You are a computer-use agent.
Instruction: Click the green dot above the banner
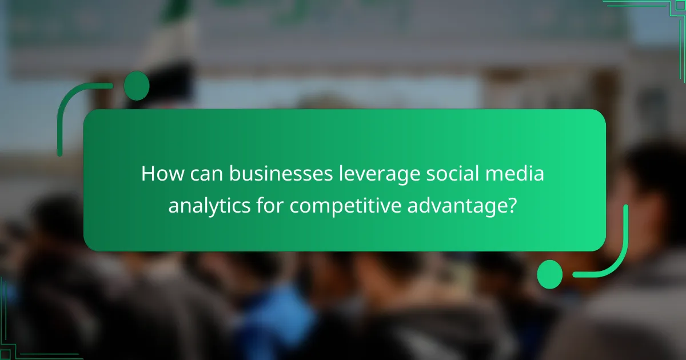click(x=137, y=86)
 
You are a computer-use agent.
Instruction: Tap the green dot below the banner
click(x=549, y=274)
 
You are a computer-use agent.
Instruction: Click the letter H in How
click(x=148, y=174)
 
